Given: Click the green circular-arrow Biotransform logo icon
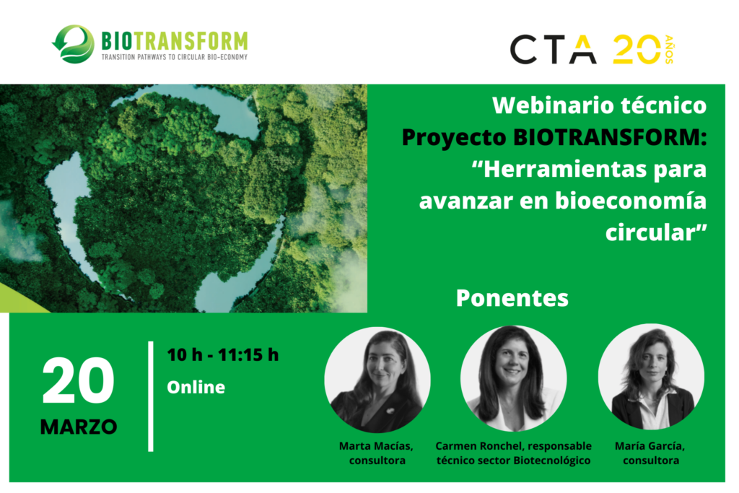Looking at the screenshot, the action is [x=73, y=44].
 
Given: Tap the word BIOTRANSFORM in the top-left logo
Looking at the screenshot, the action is [x=175, y=41].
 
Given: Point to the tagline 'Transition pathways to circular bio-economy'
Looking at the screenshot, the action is [x=175, y=57].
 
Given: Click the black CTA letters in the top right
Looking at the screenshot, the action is [x=554, y=50].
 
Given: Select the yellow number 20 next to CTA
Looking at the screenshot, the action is [x=637, y=49].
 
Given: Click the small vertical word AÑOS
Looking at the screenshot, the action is [x=669, y=50].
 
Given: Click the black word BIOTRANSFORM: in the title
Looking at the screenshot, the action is [x=610, y=138].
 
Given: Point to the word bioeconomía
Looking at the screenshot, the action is [x=631, y=201].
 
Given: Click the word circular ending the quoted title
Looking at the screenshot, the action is [x=652, y=232].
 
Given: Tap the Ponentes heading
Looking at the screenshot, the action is [x=512, y=298].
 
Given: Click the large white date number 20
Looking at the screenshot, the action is [x=78, y=380].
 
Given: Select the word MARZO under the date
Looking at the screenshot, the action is [x=79, y=427].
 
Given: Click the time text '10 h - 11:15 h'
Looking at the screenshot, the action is [x=223, y=354].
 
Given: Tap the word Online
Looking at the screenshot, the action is [x=196, y=387].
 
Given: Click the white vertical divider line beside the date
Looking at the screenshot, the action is [x=151, y=396].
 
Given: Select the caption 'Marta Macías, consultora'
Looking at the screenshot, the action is [x=377, y=453].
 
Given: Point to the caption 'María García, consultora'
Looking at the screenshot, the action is [x=650, y=453].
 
